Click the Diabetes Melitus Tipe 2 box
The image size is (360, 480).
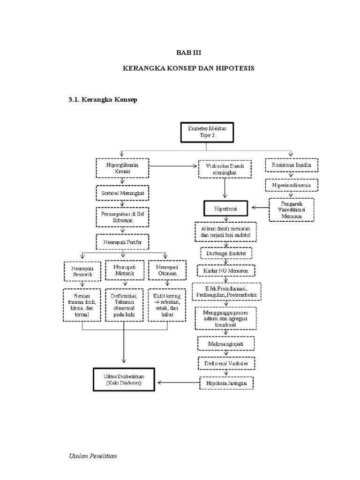click(x=207, y=132)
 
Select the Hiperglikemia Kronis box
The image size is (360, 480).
click(x=122, y=168)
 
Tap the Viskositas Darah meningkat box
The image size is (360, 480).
click(x=225, y=169)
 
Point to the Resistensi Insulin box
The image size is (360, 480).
click(x=292, y=165)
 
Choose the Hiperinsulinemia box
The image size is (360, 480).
click(x=292, y=186)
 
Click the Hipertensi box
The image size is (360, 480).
click(x=225, y=206)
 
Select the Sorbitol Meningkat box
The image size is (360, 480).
click(x=122, y=193)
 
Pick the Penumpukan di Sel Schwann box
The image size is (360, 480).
click(x=122, y=217)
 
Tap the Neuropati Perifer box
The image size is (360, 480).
click(x=122, y=242)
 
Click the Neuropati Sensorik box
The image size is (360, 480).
click(x=82, y=270)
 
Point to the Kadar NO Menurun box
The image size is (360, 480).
click(x=225, y=271)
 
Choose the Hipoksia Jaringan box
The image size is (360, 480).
click(x=226, y=382)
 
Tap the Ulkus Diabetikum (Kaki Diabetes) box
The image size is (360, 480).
click(x=123, y=379)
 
